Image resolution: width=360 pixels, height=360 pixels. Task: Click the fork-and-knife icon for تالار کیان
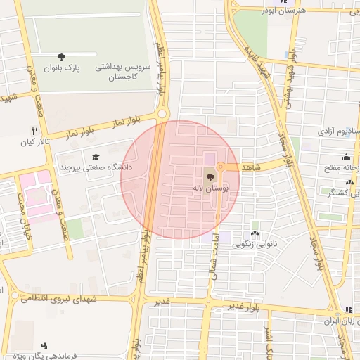pos(34,131)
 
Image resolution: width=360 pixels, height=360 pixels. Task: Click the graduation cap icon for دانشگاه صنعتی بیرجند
pos(96,156)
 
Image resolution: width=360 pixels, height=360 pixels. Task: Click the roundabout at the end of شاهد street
pos(220,167)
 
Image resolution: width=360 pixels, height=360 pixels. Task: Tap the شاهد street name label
pos(250,167)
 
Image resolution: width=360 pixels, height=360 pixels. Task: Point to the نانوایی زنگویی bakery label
pos(255,245)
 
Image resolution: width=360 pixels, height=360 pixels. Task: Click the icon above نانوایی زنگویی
pos(254,233)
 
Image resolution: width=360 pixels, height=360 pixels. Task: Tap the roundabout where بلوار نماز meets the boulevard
pos(163,114)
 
